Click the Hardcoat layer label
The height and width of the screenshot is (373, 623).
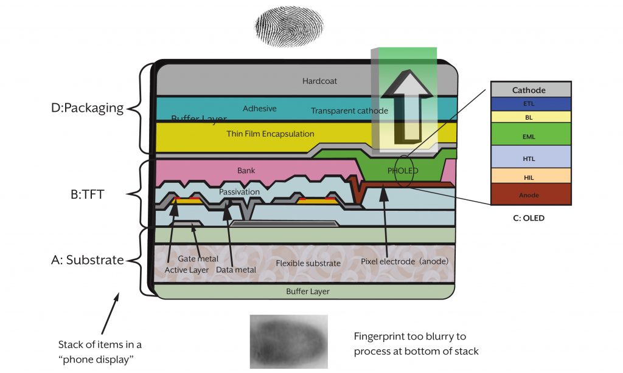[319, 80]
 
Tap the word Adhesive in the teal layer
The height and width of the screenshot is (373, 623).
[260, 109]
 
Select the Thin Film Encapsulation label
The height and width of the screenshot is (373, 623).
[270, 134]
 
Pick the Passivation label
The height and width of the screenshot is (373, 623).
[239, 191]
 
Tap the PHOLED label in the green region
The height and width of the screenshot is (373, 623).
[403, 171]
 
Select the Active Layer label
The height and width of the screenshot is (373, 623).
[187, 270]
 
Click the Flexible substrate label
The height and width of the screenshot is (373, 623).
[308, 263]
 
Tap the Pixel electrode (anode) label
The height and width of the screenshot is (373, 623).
[405, 262]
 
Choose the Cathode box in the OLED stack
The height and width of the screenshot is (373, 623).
[529, 90]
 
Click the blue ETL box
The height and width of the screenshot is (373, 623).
[529, 104]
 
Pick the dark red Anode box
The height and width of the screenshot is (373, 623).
[529, 195]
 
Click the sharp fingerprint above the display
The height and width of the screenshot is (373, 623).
[288, 26]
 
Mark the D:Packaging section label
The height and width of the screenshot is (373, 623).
[88, 108]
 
